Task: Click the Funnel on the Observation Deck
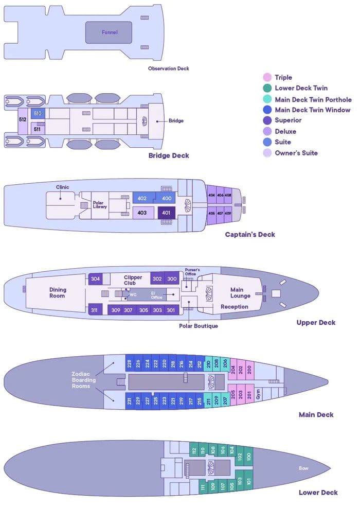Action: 109,32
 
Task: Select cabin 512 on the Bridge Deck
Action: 23,119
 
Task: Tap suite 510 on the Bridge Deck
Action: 38,113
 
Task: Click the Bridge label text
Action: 176,121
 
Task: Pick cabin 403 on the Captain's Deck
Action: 142,213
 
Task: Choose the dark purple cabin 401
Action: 166,213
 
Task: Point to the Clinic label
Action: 62,187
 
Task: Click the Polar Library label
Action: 100,205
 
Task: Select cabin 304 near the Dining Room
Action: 95,279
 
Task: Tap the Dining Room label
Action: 58,293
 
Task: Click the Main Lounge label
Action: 240,293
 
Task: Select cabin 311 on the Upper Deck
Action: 95,310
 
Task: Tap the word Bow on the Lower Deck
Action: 303,468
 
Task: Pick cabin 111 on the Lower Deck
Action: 203,487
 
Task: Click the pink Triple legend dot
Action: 267,77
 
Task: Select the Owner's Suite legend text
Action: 296,153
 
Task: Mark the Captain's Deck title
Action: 250,235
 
